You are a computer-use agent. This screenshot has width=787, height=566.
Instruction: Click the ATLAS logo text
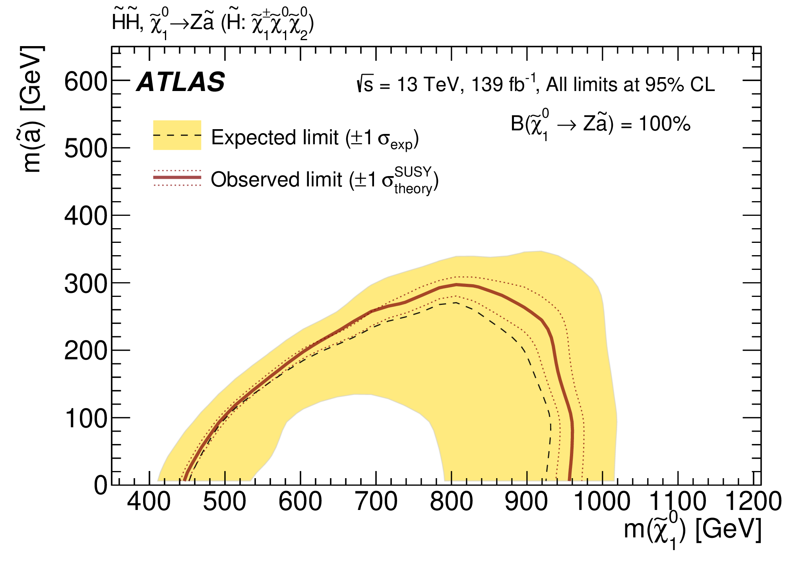coord(181,82)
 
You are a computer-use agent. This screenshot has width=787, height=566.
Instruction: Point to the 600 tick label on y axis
coord(85,82)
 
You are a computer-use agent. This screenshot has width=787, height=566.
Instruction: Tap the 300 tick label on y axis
coord(85,285)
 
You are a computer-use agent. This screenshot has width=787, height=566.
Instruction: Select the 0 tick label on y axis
coord(101,486)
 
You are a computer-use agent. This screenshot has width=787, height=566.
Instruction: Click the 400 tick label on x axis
coord(149,502)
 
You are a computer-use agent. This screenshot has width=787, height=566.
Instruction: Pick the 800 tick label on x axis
coord(452,502)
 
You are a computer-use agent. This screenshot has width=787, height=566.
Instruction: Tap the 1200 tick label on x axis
coord(753,502)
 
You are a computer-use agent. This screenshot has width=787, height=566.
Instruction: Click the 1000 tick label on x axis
coord(602,502)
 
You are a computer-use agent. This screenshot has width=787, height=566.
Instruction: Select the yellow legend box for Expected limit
coord(177,135)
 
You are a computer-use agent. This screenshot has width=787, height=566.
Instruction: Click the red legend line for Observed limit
coord(177,177)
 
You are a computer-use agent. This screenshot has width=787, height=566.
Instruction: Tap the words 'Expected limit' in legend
coord(274,138)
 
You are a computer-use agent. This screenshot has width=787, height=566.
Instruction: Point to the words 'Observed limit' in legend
coord(276,180)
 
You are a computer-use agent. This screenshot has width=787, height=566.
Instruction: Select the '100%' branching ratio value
coord(665,124)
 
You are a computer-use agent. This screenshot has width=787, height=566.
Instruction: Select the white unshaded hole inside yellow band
coord(358,441)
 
